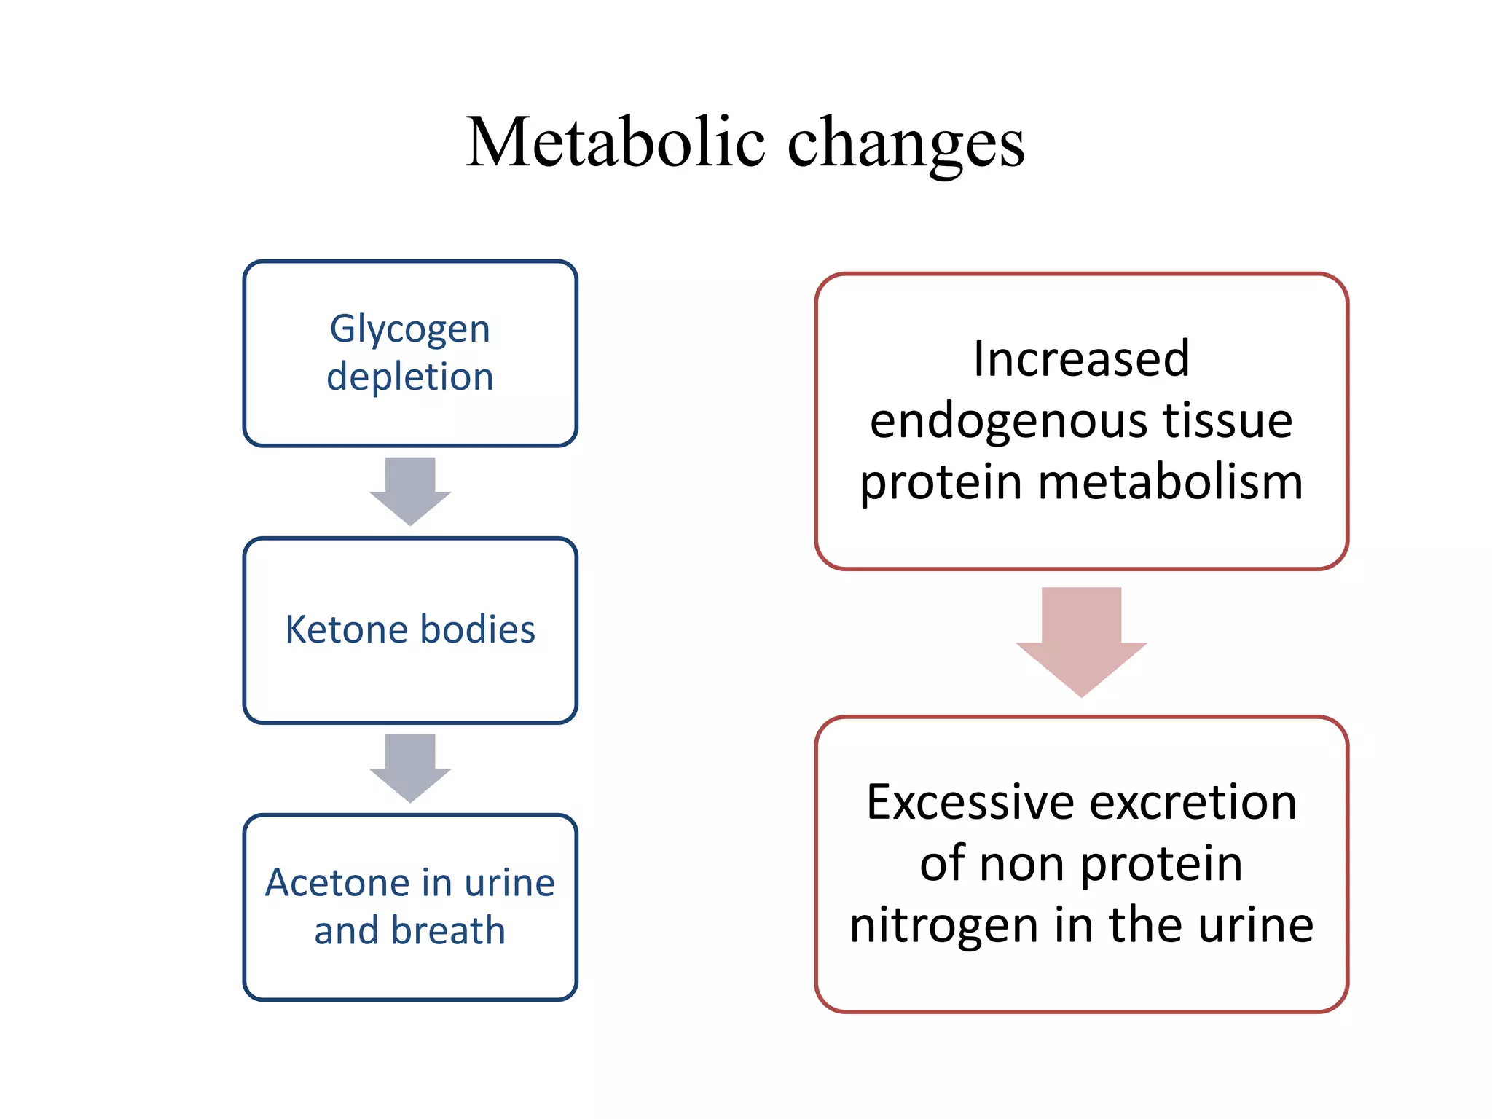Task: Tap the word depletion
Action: (x=410, y=377)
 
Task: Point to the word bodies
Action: (x=478, y=629)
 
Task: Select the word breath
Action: (x=447, y=931)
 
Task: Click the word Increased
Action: (x=1081, y=359)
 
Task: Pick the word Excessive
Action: (x=970, y=803)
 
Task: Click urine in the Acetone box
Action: (x=509, y=883)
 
